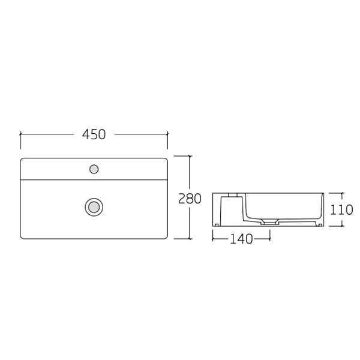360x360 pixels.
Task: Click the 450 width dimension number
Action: [94, 135]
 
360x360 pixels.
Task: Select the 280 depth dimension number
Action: [190, 199]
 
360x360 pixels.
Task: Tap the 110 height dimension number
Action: [341, 209]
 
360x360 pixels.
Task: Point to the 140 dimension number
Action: [241, 239]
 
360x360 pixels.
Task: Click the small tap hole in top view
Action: [93, 169]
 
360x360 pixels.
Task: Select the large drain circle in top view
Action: [93, 207]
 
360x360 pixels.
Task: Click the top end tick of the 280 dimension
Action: [190, 155]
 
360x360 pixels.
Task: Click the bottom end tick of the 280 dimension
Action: [190, 239]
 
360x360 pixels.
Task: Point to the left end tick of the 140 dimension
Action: [213, 239]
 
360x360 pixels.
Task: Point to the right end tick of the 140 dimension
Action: [269, 239]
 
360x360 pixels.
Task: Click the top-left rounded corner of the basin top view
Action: [23, 160]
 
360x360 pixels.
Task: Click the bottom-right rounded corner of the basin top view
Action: [166, 237]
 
